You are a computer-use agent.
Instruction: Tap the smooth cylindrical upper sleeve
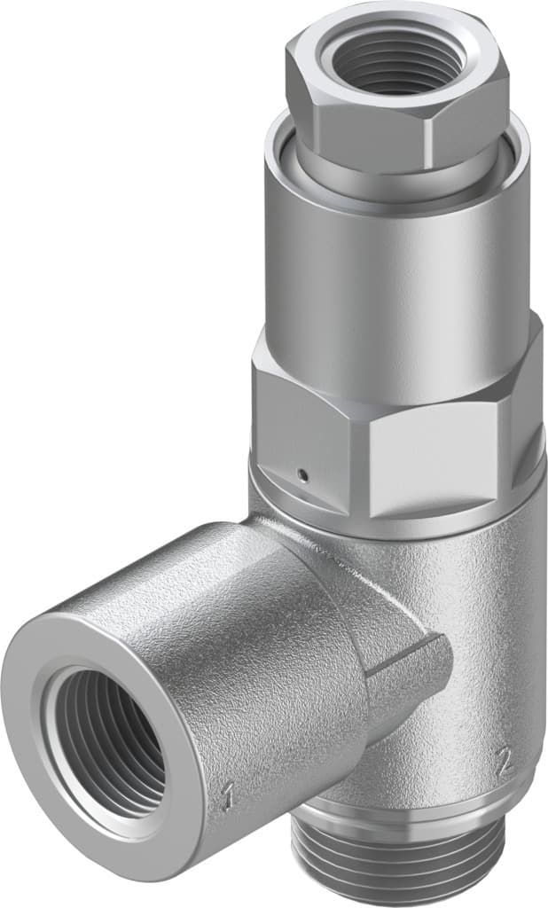(390, 266)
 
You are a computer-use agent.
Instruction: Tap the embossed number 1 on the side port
(228, 797)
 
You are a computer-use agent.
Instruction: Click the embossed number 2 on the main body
(503, 760)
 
